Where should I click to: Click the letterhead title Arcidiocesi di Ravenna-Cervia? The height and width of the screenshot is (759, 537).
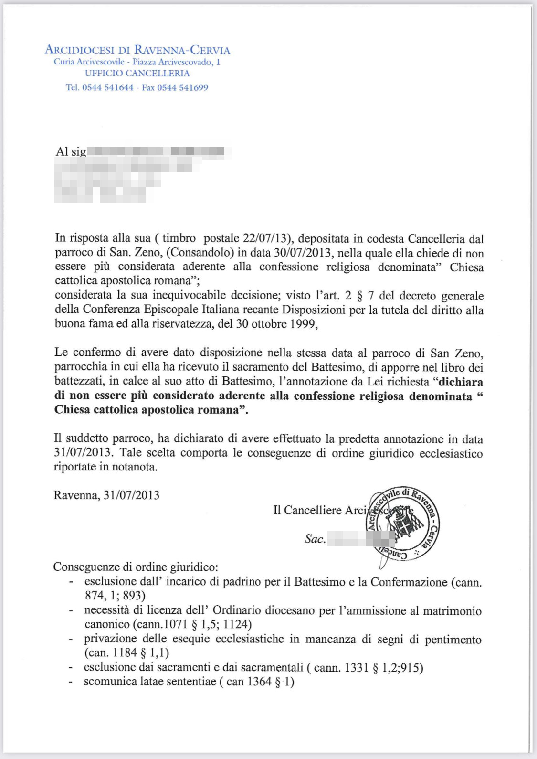pyautogui.click(x=137, y=50)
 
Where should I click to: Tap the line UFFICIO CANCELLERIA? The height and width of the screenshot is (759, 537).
pyautogui.click(x=137, y=73)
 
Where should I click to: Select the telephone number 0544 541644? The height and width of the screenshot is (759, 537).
pyautogui.click(x=108, y=87)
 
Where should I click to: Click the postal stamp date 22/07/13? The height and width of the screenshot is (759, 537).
pyautogui.click(x=265, y=238)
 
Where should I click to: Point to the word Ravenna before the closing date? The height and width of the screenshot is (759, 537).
pyautogui.click(x=75, y=495)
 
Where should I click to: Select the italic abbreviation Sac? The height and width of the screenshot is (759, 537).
pyautogui.click(x=315, y=539)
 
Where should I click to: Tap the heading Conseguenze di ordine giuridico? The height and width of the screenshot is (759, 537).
pyautogui.click(x=136, y=567)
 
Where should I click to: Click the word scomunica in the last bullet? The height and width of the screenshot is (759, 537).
pyautogui.click(x=106, y=682)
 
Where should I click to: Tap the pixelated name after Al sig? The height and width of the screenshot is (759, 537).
pyautogui.click(x=158, y=152)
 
